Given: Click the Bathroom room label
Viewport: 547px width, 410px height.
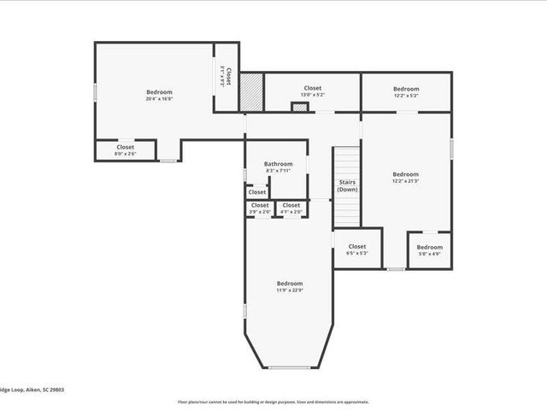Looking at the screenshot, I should [279, 164].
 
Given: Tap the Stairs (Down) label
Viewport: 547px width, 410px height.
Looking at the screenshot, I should [347, 185].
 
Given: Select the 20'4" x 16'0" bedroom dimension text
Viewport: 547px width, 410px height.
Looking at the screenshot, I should [159, 99].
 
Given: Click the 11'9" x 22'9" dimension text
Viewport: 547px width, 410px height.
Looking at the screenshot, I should [289, 290].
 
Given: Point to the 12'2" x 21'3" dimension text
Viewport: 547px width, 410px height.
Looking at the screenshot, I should [405, 181].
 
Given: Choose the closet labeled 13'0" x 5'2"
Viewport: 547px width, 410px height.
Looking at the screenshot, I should [312, 91].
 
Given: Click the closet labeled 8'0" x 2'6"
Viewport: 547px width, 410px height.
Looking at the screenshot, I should [126, 150].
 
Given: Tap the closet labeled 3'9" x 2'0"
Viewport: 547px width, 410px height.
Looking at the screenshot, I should [260, 208].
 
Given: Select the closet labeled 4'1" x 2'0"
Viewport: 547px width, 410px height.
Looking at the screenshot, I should [291, 208].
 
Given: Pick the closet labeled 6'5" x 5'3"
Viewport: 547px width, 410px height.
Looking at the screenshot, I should [356, 249].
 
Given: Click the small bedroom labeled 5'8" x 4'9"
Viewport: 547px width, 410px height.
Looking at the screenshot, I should [429, 249].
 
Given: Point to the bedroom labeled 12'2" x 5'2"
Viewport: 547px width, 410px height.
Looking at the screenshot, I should [406, 92].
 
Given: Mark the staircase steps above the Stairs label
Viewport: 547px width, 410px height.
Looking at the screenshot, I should [346, 162].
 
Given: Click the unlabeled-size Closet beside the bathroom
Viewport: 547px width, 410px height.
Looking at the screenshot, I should [256, 192].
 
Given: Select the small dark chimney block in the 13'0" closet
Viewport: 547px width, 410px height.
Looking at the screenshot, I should [299, 108].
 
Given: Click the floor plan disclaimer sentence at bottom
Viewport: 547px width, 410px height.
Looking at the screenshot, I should [273, 401].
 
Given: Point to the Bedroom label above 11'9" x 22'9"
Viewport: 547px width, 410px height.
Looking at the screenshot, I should [289, 284].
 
